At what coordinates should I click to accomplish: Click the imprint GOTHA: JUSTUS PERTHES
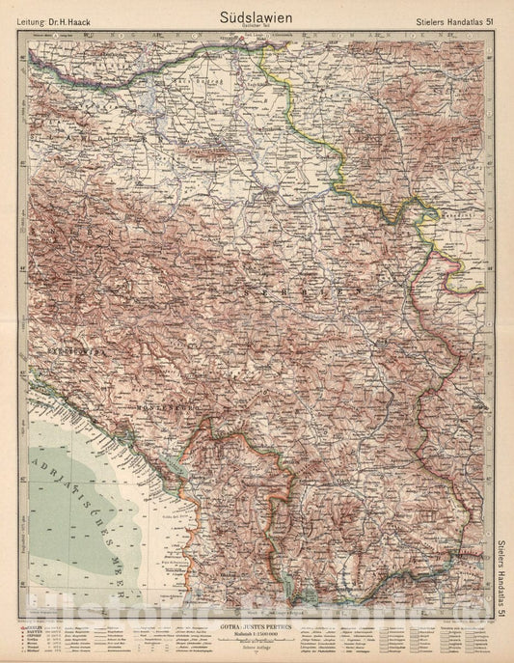coord(257,624)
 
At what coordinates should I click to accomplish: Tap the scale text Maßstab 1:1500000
coord(257,634)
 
